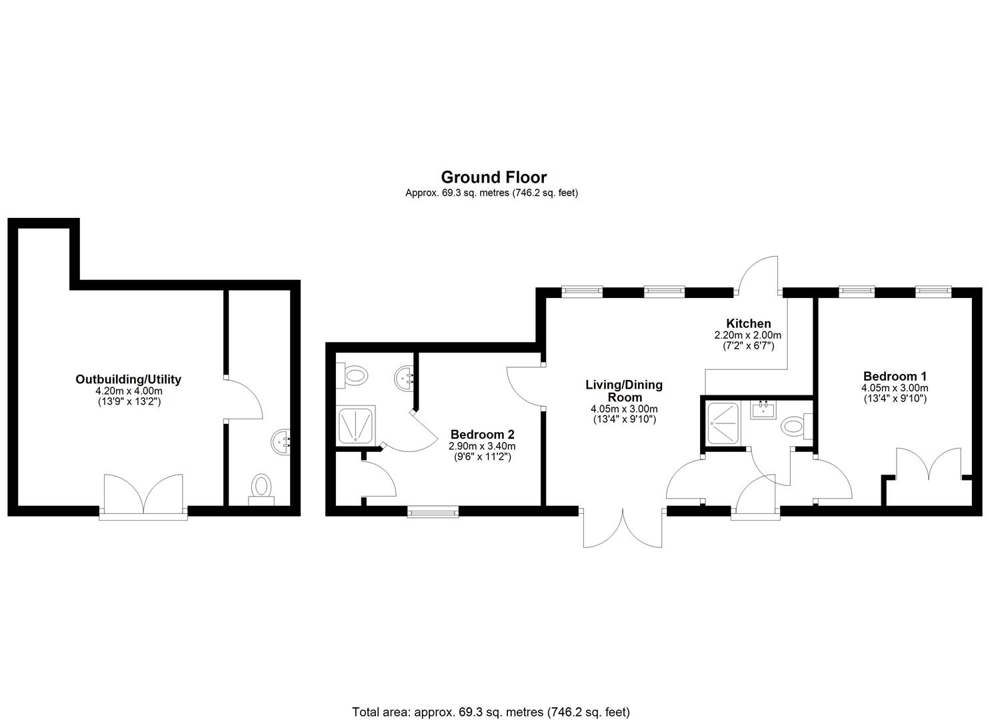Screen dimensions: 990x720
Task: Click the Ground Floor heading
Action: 494,177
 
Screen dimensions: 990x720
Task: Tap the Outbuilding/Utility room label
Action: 128,379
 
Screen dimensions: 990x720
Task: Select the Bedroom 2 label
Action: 482,435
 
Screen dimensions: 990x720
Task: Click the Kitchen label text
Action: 749,323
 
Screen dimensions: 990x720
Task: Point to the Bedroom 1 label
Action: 895,376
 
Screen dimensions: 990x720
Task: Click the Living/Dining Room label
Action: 624,391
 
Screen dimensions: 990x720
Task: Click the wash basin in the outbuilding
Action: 281,441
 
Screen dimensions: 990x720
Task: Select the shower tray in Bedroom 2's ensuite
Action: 356,425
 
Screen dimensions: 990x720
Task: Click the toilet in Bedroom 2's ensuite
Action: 352,376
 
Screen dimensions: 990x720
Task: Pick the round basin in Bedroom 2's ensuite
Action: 404,378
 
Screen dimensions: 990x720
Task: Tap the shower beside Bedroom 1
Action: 723,423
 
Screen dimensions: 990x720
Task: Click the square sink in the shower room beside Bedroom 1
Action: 763,410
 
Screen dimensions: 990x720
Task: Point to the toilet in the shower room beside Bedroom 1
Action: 797,427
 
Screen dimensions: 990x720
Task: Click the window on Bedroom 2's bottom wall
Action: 433,512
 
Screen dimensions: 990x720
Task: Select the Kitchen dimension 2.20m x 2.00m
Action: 748,335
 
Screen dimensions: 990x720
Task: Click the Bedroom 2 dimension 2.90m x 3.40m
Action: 482,447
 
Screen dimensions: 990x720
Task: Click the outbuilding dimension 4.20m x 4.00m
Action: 129,391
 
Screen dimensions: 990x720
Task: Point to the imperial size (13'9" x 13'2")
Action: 129,402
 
